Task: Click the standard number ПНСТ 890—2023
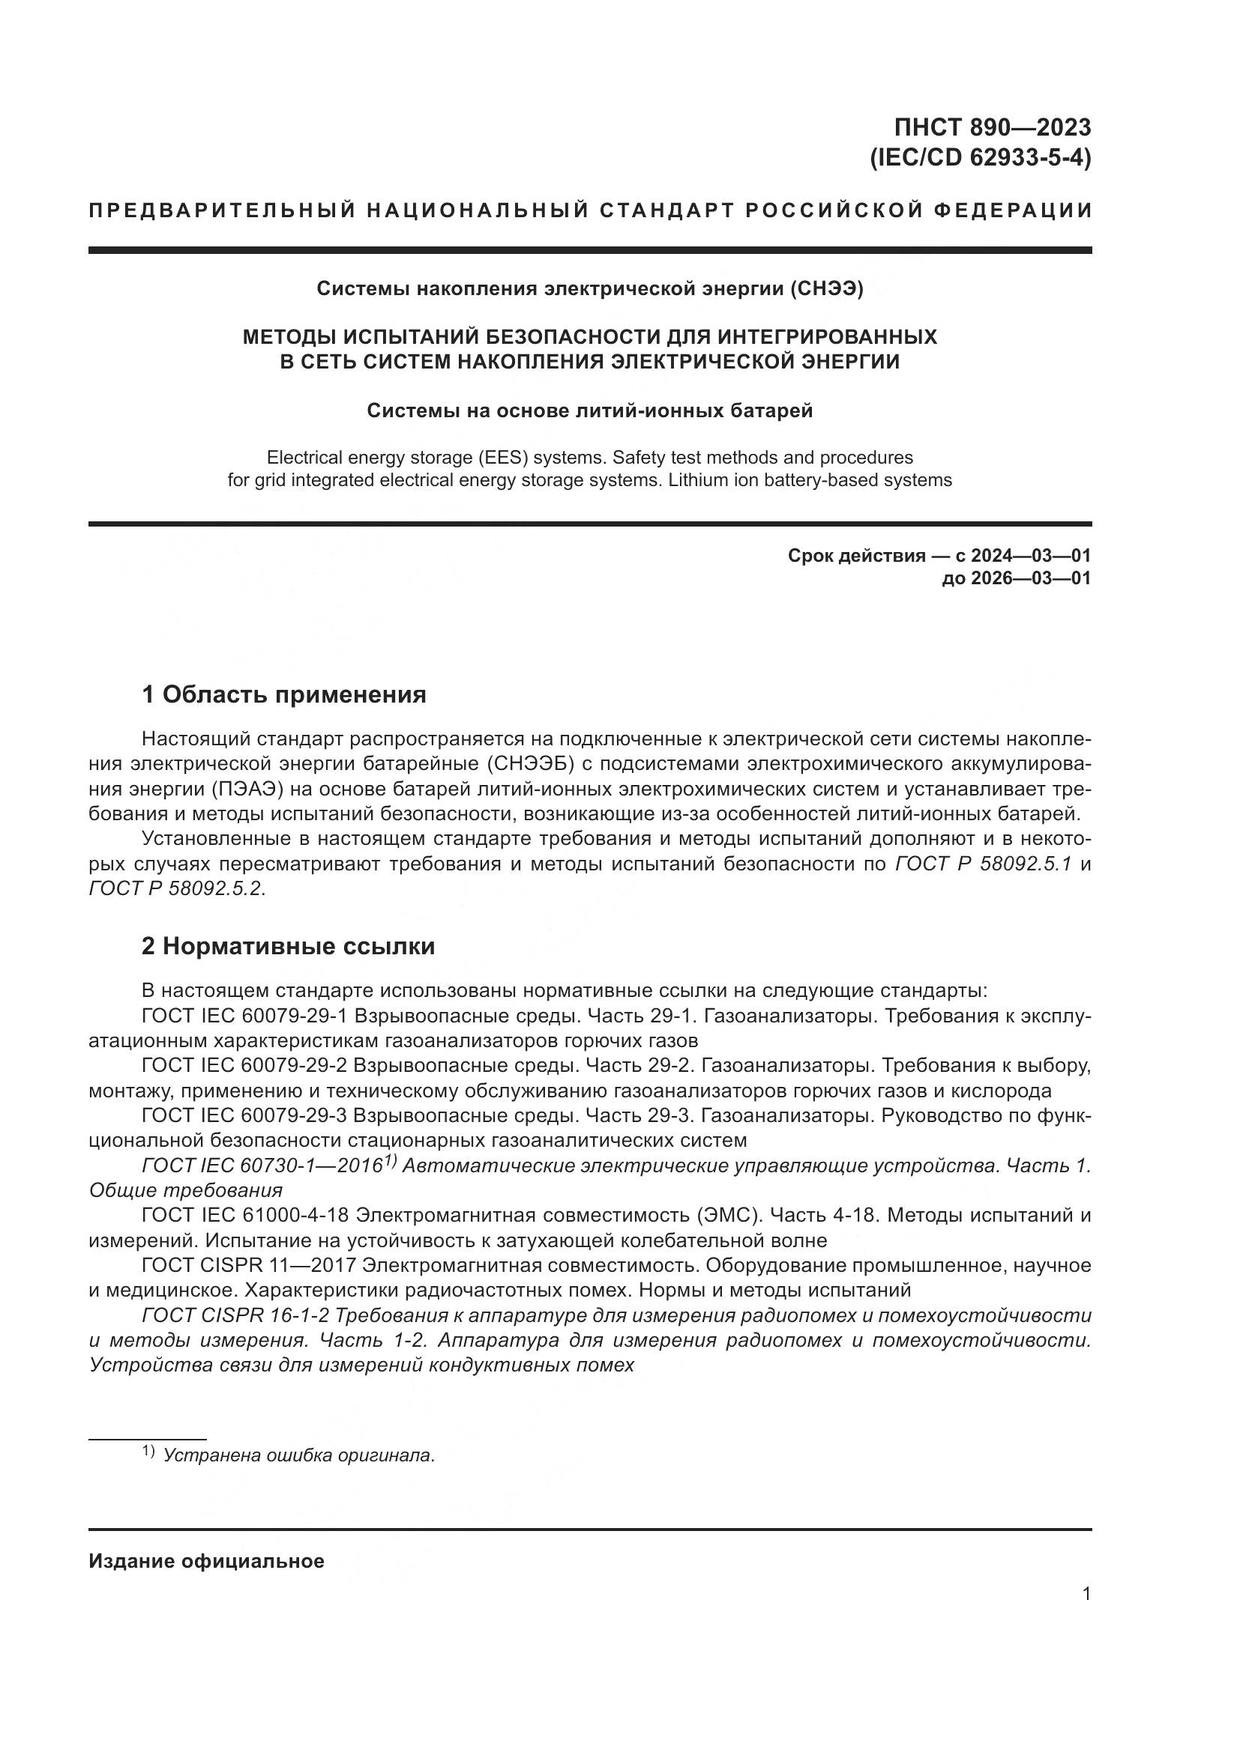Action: pyautogui.click(x=992, y=127)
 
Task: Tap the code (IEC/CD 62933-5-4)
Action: pyautogui.click(x=981, y=158)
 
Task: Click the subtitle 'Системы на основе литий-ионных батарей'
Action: pyautogui.click(x=589, y=410)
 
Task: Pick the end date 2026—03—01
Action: pyautogui.click(x=1030, y=578)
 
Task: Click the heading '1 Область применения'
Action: pyautogui.click(x=283, y=695)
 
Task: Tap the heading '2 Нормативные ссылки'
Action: pyautogui.click(x=288, y=946)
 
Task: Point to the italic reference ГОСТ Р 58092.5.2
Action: pyautogui.click(x=176, y=889)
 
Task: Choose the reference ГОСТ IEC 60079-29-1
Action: pyautogui.click(x=244, y=1016)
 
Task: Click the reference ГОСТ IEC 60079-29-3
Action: pyautogui.click(x=244, y=1115)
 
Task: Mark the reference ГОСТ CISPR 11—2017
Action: pyautogui.click(x=249, y=1266)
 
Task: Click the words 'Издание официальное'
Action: pyautogui.click(x=206, y=1561)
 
